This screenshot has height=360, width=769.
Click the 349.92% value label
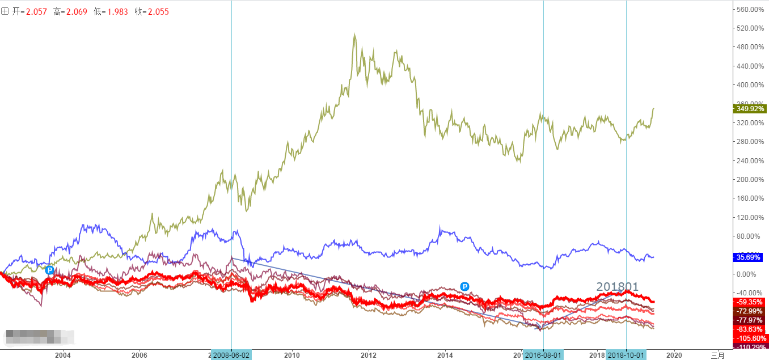(x=750, y=108)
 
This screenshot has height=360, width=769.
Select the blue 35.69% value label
(x=750, y=257)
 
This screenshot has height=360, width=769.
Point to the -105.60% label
(x=750, y=338)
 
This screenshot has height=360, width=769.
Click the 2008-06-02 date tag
(x=231, y=355)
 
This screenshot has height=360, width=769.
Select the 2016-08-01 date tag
(x=543, y=355)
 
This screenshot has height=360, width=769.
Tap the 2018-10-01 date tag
(x=626, y=355)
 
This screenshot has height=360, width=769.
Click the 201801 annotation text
(x=617, y=287)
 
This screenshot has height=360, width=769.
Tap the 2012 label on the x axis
(x=369, y=355)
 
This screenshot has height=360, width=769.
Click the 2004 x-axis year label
(x=62, y=355)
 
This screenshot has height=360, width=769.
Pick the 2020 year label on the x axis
(x=674, y=355)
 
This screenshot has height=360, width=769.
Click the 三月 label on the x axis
(x=718, y=355)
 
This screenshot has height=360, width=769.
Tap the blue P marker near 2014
(x=464, y=286)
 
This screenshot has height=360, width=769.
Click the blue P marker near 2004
(x=49, y=270)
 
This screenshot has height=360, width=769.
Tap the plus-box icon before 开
(x=5, y=11)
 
